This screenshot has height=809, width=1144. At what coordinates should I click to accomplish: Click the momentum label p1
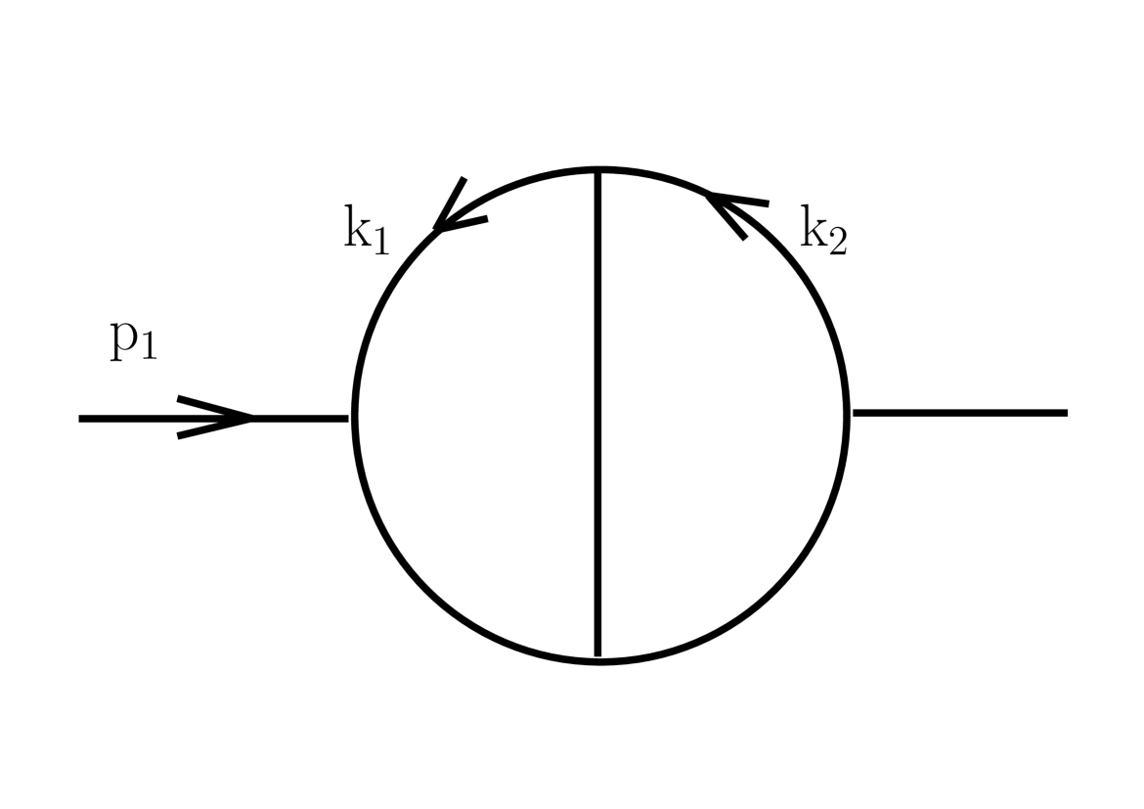pos(133,339)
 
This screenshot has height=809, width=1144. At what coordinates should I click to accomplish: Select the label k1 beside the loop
pos(366,231)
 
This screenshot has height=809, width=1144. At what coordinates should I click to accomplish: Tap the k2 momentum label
pos(823,231)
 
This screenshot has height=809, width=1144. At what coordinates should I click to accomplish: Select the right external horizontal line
pos(958,413)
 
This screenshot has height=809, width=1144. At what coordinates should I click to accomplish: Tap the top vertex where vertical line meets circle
pos(598,171)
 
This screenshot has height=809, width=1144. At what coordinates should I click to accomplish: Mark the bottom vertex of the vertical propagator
pos(598,659)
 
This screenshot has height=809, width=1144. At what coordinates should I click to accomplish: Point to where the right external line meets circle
pos(847,413)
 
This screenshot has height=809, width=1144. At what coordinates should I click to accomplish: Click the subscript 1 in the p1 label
pos(147,348)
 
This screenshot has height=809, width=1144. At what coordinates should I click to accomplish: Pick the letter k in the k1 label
pos(357,227)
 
